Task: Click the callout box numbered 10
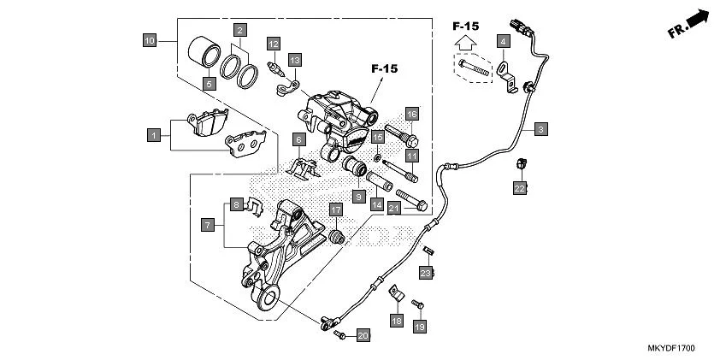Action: [150, 40]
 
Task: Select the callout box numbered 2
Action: [241, 30]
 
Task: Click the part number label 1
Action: [154, 135]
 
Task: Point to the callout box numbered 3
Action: [540, 130]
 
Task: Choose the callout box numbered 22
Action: [519, 188]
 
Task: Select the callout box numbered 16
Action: [411, 115]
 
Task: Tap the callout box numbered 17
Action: [335, 210]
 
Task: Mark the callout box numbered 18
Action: [396, 320]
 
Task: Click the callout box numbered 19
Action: [419, 327]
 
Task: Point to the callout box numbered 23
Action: [425, 273]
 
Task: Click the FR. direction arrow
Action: [691, 23]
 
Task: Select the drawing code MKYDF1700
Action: [671, 349]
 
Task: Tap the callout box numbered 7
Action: [208, 225]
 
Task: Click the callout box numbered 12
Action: [273, 44]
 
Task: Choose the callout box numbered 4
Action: [504, 41]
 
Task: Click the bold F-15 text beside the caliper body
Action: [386, 68]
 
